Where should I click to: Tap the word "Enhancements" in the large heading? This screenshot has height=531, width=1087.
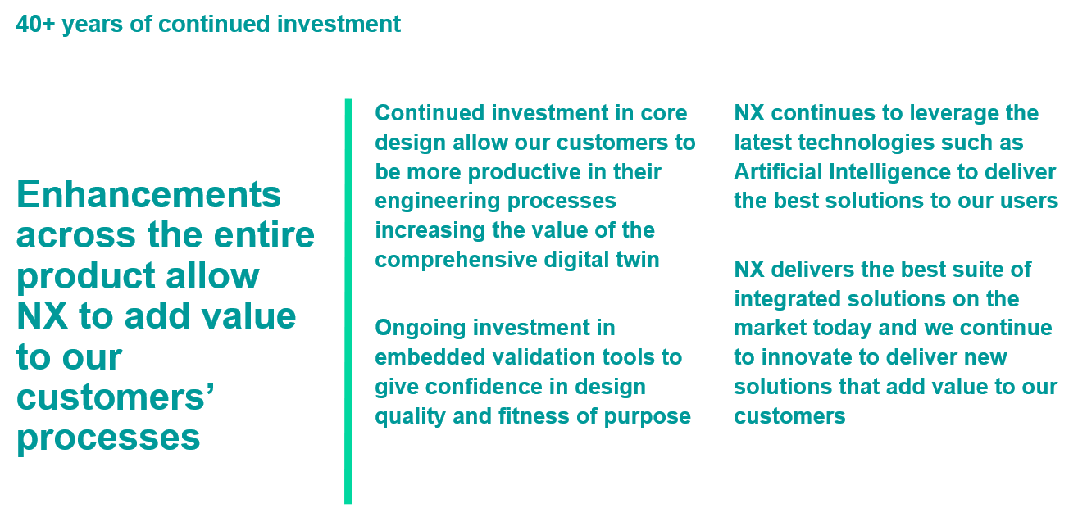[x=149, y=194]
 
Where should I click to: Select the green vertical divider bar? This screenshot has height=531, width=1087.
[x=348, y=301]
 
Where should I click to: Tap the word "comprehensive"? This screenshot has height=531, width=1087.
[x=456, y=261]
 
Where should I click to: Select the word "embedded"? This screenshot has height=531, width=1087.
[x=430, y=357]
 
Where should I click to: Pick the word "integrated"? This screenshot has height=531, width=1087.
[x=787, y=300]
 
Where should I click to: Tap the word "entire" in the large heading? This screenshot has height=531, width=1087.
[x=264, y=235]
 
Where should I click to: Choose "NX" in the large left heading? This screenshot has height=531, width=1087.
[x=42, y=316]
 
